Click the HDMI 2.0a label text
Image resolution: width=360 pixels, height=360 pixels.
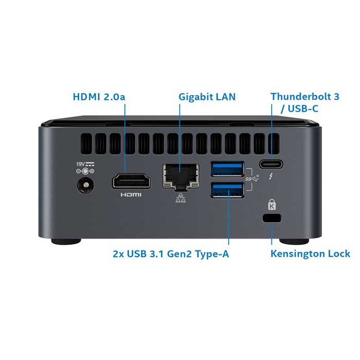[100, 96]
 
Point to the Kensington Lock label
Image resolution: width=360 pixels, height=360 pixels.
[310, 253]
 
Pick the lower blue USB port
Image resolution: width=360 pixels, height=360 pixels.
[226, 190]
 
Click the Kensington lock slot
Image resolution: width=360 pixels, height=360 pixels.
[272, 218]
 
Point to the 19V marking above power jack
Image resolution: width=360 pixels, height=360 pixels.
[81, 164]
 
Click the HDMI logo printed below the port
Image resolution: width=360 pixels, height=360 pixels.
[131, 195]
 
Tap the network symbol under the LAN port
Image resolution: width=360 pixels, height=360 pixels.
[179, 199]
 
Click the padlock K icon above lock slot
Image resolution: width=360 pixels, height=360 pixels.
[272, 205]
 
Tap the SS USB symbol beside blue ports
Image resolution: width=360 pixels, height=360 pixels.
[251, 178]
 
